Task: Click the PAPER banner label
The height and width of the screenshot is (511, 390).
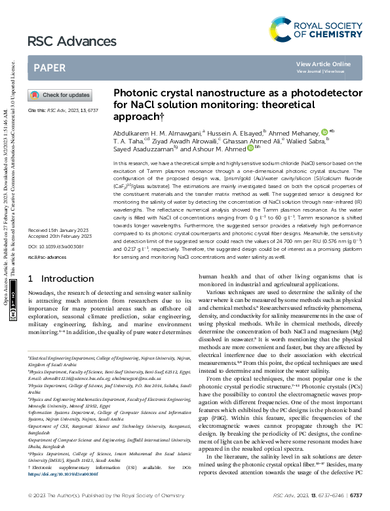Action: tap(49, 67)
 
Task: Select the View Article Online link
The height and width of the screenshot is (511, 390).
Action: tap(323, 64)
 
